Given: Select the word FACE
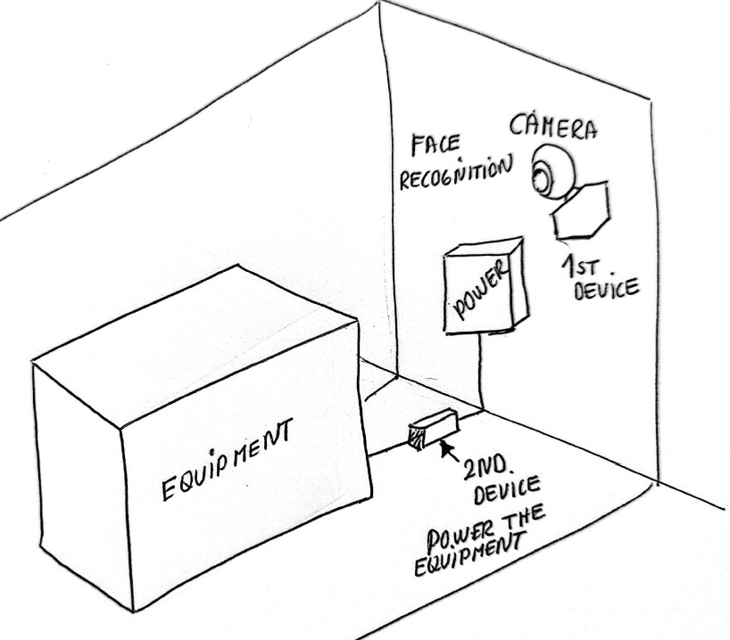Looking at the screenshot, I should coord(436,146).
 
